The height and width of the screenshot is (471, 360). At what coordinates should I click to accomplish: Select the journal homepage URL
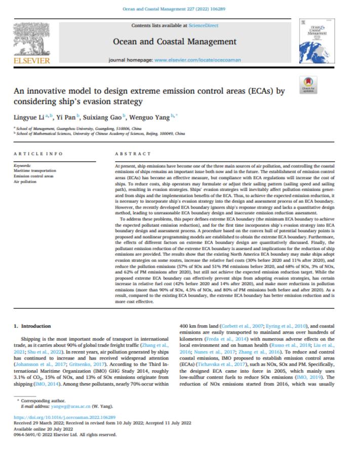(x=197, y=60)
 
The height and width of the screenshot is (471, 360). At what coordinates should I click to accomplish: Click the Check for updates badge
(x=308, y=84)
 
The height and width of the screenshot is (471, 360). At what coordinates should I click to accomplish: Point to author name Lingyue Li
(x=28, y=117)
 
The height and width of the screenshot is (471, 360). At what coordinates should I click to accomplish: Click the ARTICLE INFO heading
(x=38, y=153)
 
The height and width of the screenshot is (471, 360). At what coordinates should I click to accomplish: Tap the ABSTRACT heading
(x=133, y=153)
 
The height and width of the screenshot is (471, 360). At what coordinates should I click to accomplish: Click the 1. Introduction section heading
(x=32, y=326)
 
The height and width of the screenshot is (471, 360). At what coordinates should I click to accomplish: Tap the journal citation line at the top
(x=181, y=9)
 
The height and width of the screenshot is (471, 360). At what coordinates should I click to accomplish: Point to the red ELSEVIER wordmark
(x=31, y=61)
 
